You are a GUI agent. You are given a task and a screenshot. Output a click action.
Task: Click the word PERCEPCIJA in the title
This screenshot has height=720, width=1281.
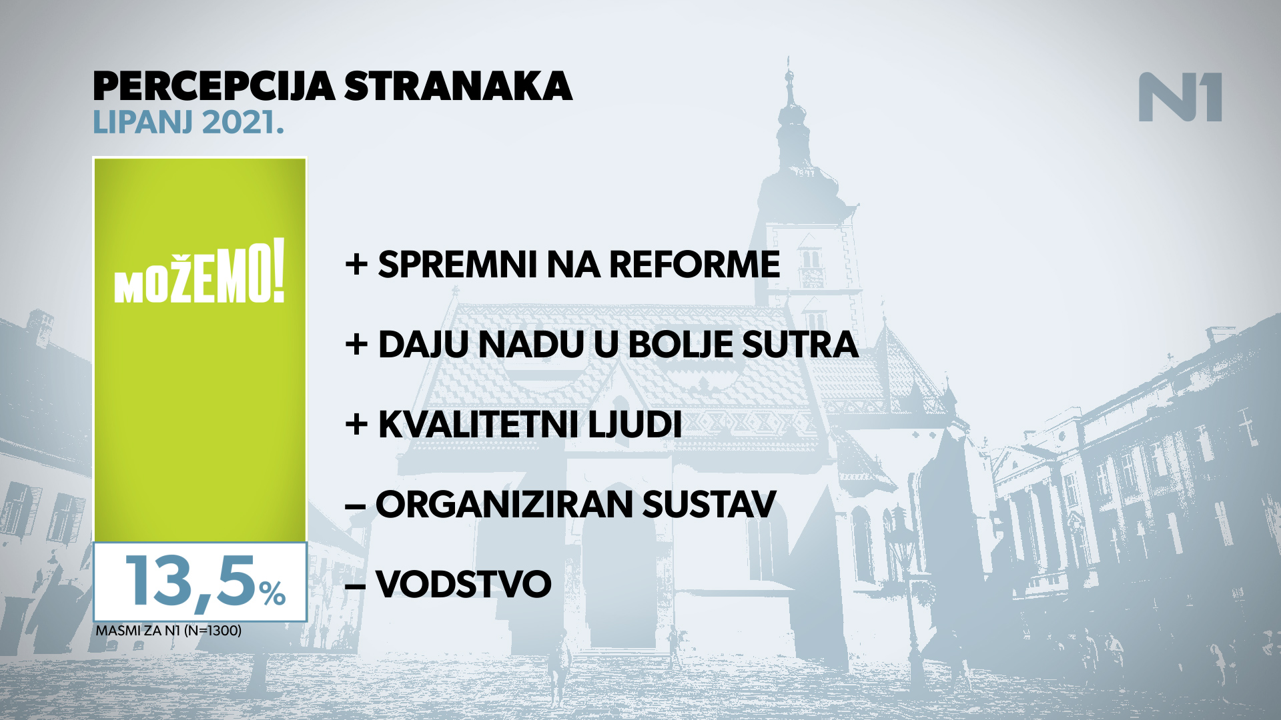click(213, 87)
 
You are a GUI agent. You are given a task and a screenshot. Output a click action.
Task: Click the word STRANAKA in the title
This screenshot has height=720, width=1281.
click(458, 87)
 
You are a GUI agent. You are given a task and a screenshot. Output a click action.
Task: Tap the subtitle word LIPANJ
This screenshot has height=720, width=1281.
click(143, 123)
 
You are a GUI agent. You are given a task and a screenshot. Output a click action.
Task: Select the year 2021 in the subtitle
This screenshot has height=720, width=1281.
click(239, 123)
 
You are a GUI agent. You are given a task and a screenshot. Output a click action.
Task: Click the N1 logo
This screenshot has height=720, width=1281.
click(1180, 97)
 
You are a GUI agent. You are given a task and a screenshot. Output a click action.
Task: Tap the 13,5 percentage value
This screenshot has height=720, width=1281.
click(190, 581)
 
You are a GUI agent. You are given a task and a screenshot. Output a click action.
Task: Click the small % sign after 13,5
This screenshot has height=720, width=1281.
click(273, 593)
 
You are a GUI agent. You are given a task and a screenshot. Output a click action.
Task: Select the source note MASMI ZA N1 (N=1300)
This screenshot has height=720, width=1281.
click(169, 631)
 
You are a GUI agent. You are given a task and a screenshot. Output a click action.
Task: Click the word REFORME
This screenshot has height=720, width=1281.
click(695, 265)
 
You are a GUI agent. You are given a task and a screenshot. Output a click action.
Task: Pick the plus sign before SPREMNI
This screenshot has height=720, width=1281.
click(357, 265)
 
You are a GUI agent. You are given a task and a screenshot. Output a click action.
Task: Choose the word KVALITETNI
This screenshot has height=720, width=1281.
click(478, 425)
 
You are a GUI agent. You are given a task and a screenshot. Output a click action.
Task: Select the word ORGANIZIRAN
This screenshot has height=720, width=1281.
click(504, 505)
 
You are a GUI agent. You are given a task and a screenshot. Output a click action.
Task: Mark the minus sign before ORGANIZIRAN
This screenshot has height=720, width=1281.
click(356, 506)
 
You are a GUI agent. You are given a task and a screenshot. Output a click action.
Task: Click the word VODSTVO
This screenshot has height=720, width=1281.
click(464, 585)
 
